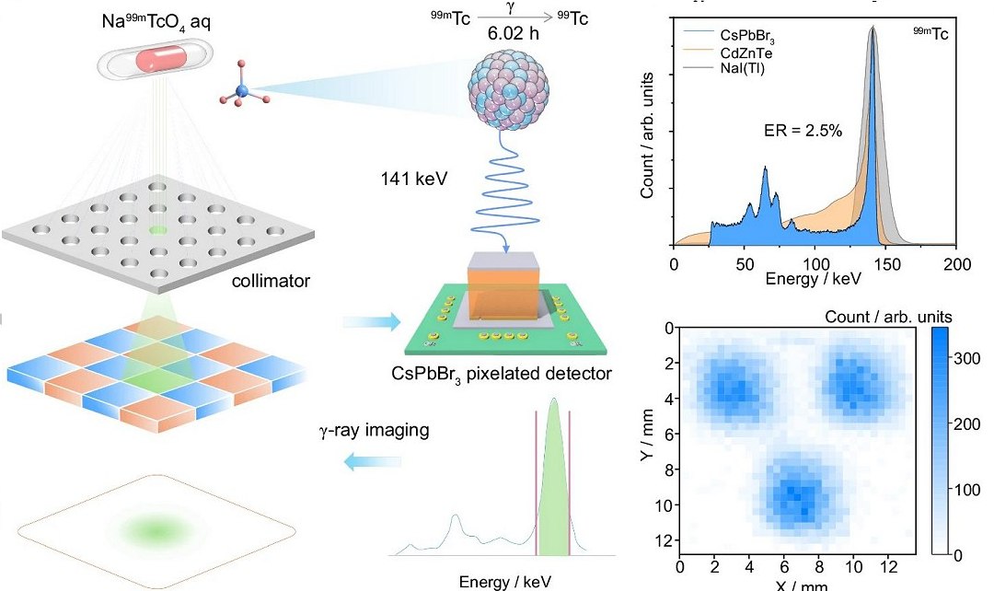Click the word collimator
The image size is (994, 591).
tap(266, 281)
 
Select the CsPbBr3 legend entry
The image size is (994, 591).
tap(730, 37)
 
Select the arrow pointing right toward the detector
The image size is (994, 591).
tap(372, 322)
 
